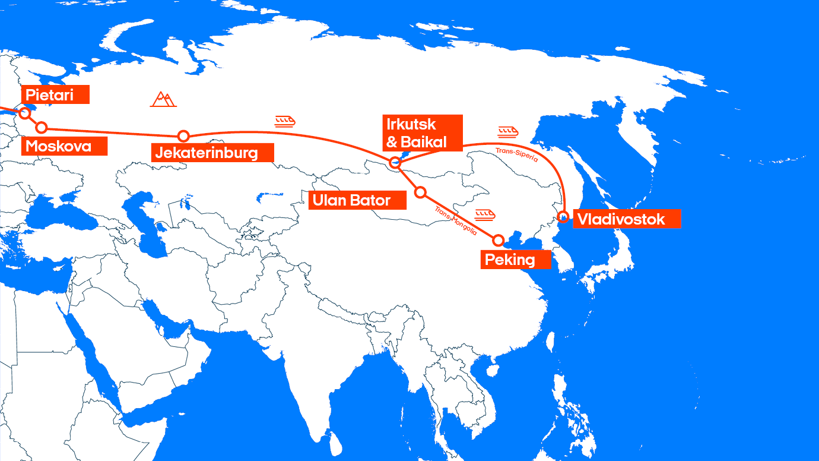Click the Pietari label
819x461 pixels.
55,94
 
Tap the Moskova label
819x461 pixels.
64,146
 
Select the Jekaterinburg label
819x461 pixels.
212,153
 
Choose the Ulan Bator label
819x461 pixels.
357,200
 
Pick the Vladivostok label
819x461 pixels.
626,219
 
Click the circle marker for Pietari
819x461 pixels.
25,113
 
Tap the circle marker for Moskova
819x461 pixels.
42,127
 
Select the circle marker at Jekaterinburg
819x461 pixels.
183,136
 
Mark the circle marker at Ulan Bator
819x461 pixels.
420,192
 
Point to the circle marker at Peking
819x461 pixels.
499,240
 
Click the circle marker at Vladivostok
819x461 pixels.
564,216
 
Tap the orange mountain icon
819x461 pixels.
163,99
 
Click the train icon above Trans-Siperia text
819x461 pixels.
509,131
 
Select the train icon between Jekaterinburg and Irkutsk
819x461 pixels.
285,121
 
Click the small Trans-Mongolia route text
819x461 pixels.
455,220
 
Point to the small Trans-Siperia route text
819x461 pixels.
516,155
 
